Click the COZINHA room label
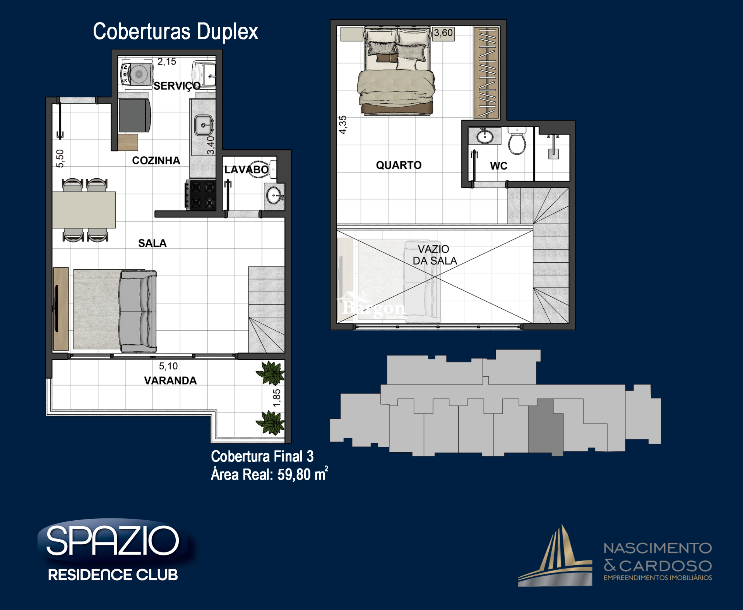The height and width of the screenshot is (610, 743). [156, 161]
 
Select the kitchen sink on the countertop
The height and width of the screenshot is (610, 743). [203, 125]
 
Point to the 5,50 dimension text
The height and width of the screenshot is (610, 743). [60, 159]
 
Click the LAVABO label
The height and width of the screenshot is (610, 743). [247, 169]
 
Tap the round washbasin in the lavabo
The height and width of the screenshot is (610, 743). [274, 195]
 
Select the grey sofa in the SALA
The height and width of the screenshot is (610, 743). [138, 311]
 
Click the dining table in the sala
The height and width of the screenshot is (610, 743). [84, 210]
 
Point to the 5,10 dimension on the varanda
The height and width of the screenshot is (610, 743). [168, 366]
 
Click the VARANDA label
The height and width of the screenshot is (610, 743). [170, 381]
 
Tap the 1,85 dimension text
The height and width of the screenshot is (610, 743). [277, 398]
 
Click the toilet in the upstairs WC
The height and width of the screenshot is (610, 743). [517, 141]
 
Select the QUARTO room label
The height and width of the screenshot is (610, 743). [399, 165]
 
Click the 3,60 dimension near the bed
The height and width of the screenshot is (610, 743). [443, 33]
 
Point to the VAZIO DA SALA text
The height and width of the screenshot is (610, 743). [435, 255]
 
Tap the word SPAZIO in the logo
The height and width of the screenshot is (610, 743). [113, 541]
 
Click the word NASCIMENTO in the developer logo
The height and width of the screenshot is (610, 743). [657, 548]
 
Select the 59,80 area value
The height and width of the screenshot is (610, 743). [294, 475]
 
